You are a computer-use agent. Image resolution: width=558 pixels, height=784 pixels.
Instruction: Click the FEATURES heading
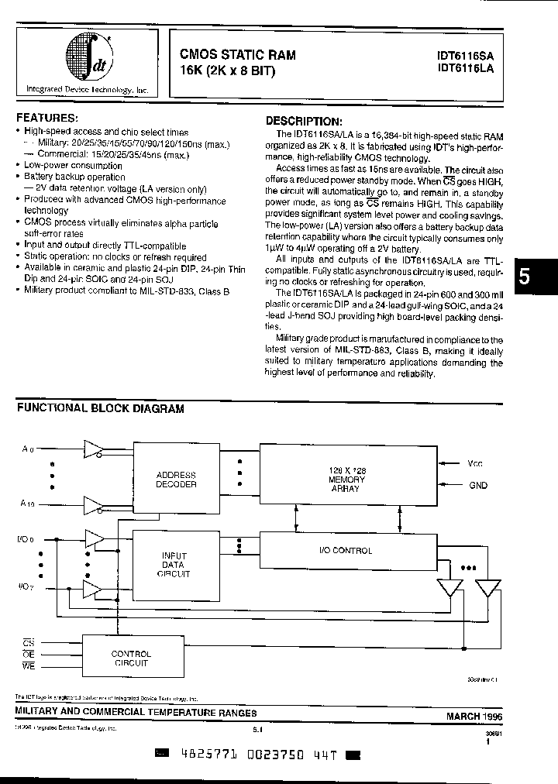[47, 118]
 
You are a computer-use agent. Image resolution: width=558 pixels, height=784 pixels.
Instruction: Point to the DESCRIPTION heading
[303, 122]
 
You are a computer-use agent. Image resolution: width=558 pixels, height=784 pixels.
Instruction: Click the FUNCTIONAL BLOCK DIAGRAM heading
[101, 408]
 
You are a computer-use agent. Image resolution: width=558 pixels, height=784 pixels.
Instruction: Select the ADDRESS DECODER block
[176, 480]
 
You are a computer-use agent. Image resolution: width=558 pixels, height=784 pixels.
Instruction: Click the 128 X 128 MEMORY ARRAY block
[348, 480]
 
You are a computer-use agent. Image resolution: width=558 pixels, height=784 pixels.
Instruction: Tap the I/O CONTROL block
[346, 551]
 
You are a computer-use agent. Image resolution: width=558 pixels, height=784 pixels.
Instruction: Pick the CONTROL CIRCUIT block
[132, 658]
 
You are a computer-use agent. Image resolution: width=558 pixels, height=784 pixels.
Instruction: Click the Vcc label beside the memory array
[475, 464]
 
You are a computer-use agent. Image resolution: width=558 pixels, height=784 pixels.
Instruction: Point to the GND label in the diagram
[477, 486]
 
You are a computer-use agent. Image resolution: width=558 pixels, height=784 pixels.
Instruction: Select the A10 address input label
[28, 504]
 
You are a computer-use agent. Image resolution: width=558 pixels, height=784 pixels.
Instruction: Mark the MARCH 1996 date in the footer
[474, 716]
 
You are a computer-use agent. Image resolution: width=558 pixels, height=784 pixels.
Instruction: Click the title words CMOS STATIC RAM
[237, 55]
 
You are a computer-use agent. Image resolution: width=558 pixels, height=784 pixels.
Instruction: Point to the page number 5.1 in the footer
[259, 729]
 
